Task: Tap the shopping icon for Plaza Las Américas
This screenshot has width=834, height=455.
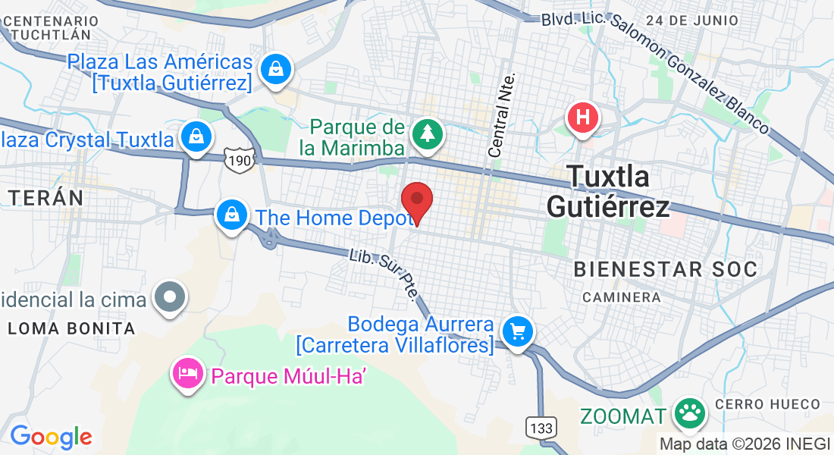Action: click(277, 70)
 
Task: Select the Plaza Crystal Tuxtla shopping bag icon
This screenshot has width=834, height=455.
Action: click(196, 137)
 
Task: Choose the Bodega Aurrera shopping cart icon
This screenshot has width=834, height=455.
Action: click(519, 331)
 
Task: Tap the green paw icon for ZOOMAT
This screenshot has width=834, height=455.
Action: click(690, 413)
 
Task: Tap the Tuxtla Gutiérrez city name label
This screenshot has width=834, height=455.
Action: click(609, 191)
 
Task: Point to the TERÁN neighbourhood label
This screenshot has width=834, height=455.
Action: click(46, 198)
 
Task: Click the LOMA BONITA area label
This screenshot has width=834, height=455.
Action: click(72, 328)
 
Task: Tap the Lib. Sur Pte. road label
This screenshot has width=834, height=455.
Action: click(383, 275)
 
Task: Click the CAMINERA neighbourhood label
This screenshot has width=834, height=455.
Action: click(622, 297)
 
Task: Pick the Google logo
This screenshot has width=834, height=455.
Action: click(51, 437)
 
